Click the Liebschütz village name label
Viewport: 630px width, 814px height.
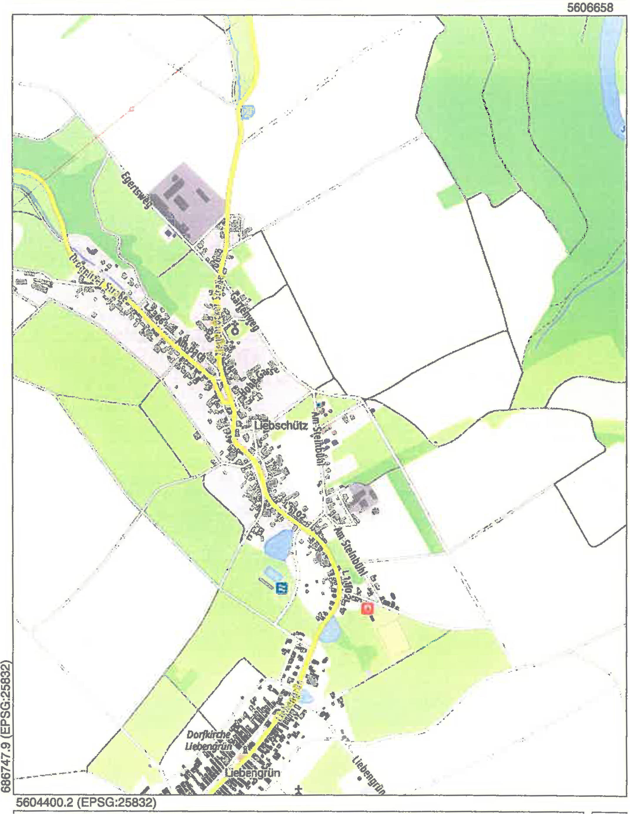click(281, 426)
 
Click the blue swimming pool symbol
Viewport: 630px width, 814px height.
click(282, 588)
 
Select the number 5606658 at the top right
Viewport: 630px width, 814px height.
click(590, 8)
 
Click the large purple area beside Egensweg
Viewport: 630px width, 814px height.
click(190, 201)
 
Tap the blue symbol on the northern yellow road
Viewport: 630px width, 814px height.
click(247, 111)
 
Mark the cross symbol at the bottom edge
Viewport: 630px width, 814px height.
click(299, 789)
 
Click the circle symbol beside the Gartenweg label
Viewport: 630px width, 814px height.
click(235, 330)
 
